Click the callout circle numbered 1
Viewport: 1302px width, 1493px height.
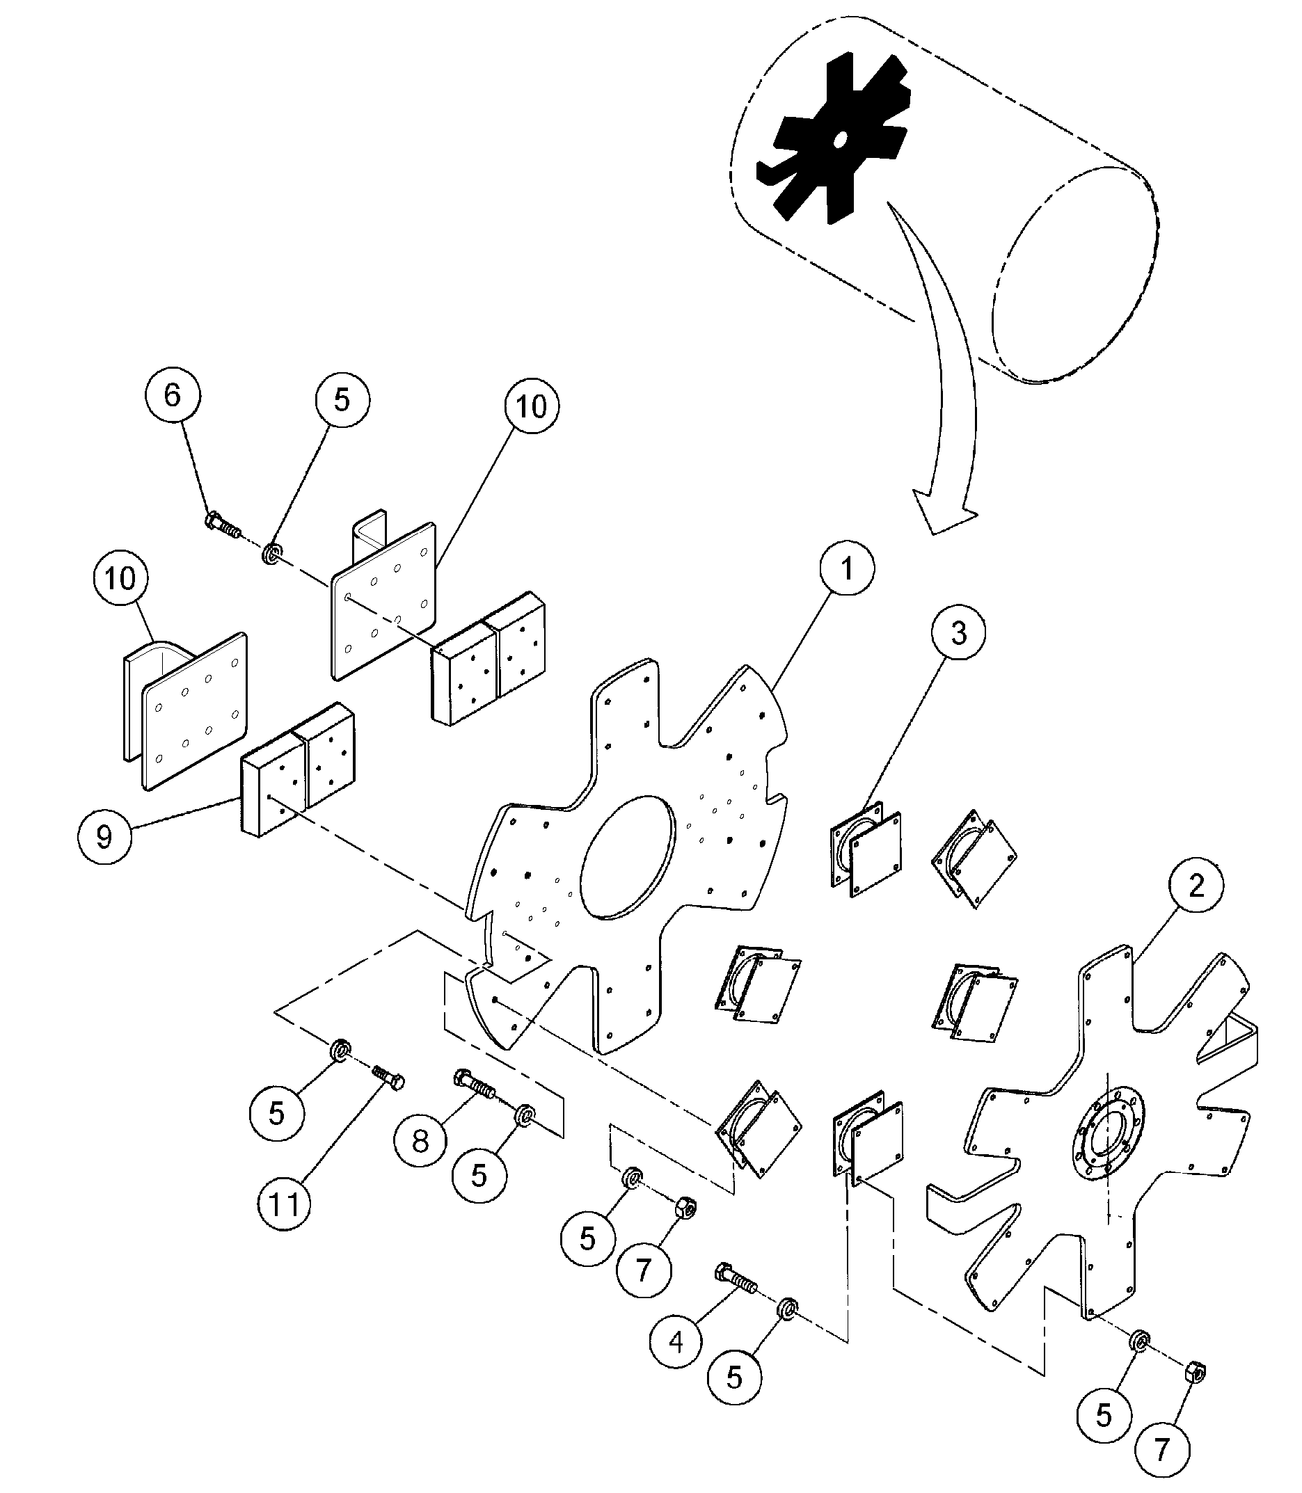coord(847,568)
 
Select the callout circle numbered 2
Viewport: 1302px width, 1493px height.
coord(1196,885)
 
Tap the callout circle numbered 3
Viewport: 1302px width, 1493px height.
coord(958,632)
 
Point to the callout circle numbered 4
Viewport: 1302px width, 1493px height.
coord(676,1343)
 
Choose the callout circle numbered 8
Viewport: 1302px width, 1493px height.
coord(421,1143)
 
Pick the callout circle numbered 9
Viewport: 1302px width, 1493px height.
coord(104,837)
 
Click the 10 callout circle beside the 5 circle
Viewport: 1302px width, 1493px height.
coord(531,406)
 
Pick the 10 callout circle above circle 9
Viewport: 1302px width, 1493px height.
coord(120,579)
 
